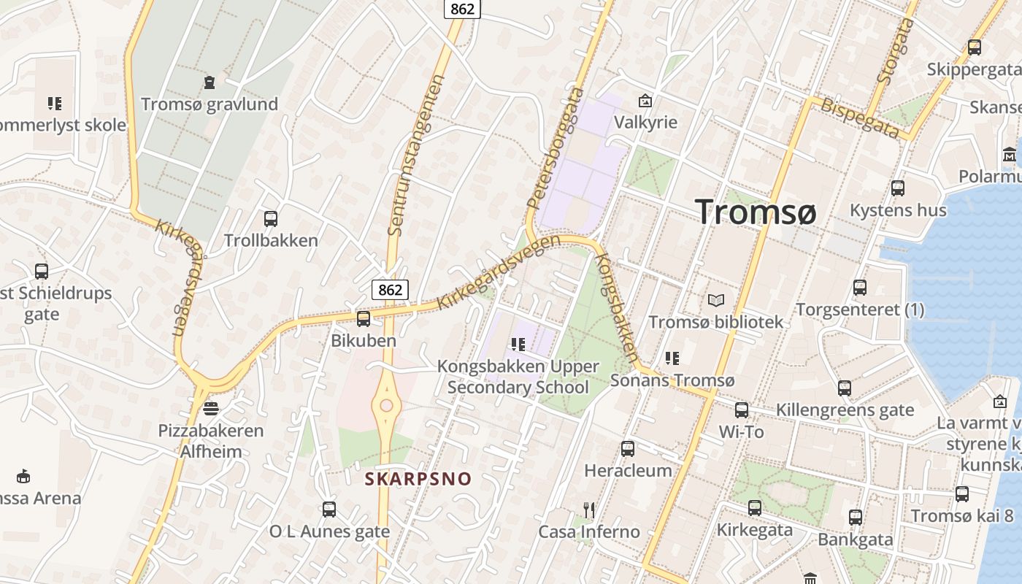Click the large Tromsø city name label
pyautogui.click(x=755, y=212)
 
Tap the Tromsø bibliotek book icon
pyautogui.click(x=716, y=300)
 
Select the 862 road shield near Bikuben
pyautogui.click(x=390, y=290)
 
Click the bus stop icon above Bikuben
pyautogui.click(x=363, y=319)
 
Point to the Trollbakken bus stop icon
pyautogui.click(x=271, y=218)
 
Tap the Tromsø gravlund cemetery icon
pyautogui.click(x=210, y=82)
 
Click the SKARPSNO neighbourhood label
pyautogui.click(x=418, y=480)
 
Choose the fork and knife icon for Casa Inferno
pyautogui.click(x=589, y=510)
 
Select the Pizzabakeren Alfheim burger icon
pyautogui.click(x=211, y=408)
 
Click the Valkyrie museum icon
pyautogui.click(x=645, y=100)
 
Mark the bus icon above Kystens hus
pyautogui.click(x=898, y=188)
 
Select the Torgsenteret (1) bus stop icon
pyautogui.click(x=860, y=288)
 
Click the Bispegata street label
pyautogui.click(x=860, y=118)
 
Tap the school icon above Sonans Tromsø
pyautogui.click(x=672, y=358)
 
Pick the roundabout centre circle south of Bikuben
pyautogui.click(x=386, y=406)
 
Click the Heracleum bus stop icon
pyautogui.click(x=628, y=449)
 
